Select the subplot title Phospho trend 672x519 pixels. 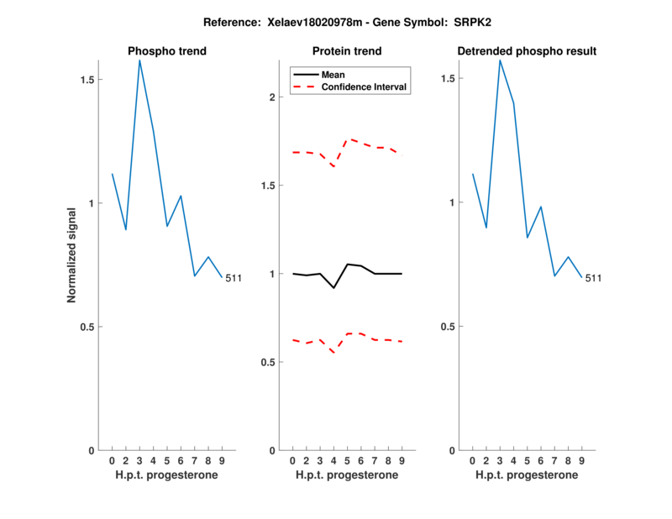167,51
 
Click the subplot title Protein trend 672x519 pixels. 347,51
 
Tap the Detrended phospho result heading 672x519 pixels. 527,51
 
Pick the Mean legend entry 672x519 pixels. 333,75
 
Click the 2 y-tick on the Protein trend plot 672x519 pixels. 271,97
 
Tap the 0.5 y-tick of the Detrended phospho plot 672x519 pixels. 452,327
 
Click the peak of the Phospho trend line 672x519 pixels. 139,60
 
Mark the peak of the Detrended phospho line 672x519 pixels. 500,60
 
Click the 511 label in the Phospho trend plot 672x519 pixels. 234,279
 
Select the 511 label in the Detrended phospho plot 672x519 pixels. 594,278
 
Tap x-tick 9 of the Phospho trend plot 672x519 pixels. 222,460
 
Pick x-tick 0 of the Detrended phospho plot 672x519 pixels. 472,460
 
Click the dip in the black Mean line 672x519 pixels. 333,288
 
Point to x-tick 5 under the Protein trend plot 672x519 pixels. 347,460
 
